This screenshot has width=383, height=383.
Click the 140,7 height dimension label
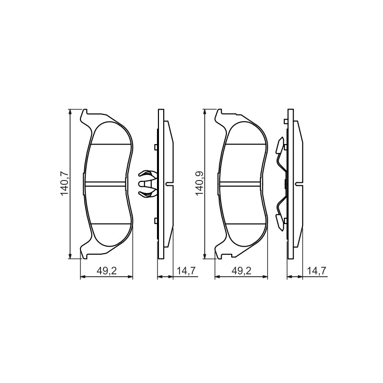pyautogui.click(x=64, y=184)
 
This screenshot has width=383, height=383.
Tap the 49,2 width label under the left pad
pyautogui.click(x=107, y=270)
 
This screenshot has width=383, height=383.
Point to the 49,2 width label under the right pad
pyautogui.click(x=241, y=270)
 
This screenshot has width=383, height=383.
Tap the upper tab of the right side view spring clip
pyautogui.click(x=280, y=146)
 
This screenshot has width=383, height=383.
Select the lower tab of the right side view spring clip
pyautogui.click(x=280, y=222)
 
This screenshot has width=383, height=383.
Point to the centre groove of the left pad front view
pyautogui.click(x=105, y=184)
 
